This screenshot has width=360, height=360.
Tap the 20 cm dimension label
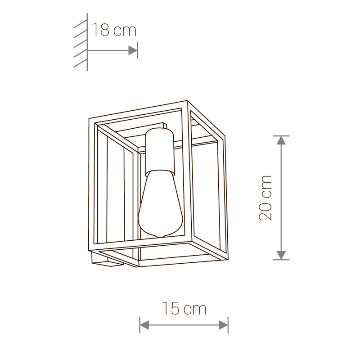pyautogui.click(x=266, y=198)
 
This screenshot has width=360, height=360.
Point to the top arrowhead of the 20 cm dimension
pyautogui.click(x=281, y=140)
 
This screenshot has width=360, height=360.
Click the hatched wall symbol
pyautogui.click(x=81, y=43)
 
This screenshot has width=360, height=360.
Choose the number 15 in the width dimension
pyautogui.click(x=171, y=309)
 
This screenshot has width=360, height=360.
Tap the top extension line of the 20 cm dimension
pyautogui.click(x=281, y=135)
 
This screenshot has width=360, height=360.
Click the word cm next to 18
pyautogui.click(x=125, y=30)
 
